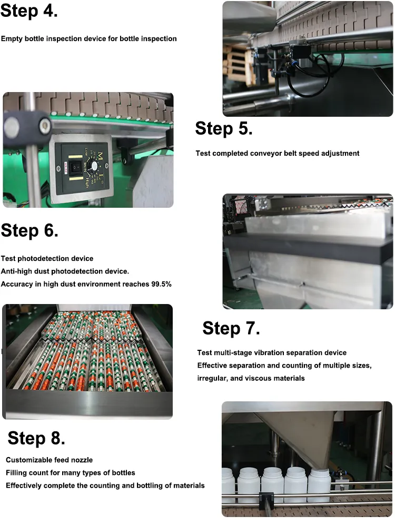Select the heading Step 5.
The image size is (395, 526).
click(x=224, y=128)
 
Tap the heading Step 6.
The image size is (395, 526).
click(x=29, y=230)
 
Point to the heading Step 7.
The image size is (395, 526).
click(x=231, y=328)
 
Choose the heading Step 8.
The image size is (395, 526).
click(x=36, y=438)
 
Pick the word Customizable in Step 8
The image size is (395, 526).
click(x=27, y=460)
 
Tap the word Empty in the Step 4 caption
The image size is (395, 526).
click(x=11, y=39)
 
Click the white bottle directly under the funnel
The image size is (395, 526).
click(x=319, y=485)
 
